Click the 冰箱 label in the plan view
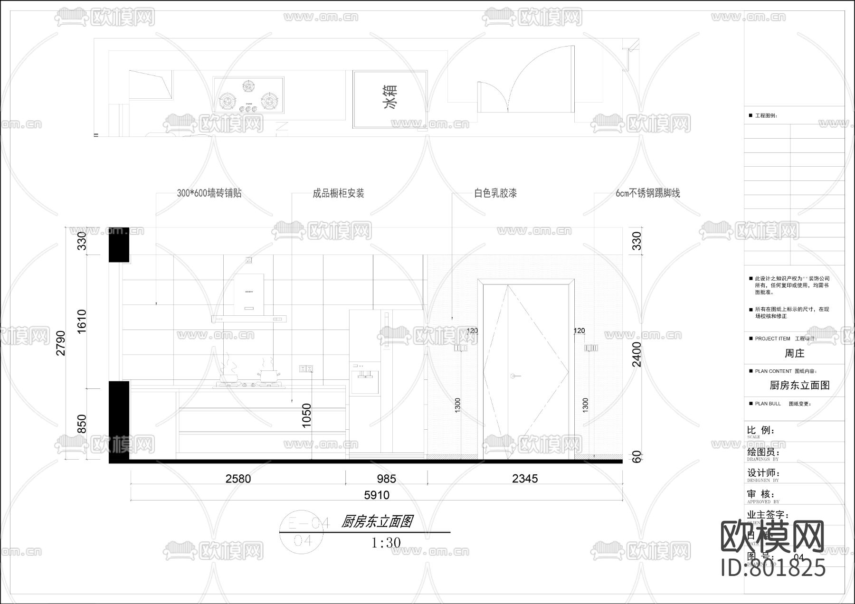pyautogui.click(x=390, y=97)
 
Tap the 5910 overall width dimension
pyautogui.click(x=377, y=495)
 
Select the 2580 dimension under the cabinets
pyautogui.click(x=238, y=479)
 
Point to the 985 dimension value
pyautogui.click(x=386, y=479)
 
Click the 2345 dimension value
pyautogui.click(x=525, y=479)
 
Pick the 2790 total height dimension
pyautogui.click(x=61, y=343)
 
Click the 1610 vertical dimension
pyautogui.click(x=82, y=321)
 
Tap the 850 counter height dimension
pyautogui.click(x=82, y=424)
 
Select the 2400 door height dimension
pyautogui.click(x=636, y=354)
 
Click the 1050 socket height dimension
pyautogui.click(x=307, y=415)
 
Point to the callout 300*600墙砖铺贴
pyautogui.click(x=209, y=193)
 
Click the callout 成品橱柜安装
pyautogui.click(x=338, y=193)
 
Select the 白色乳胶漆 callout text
pyautogui.click(x=495, y=193)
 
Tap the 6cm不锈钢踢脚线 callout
pyautogui.click(x=648, y=193)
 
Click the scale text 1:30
pyautogui.click(x=386, y=542)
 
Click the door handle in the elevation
pyautogui.click(x=514, y=376)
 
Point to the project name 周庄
pyautogui.click(x=794, y=353)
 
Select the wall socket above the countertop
pyautogui.click(x=306, y=368)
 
